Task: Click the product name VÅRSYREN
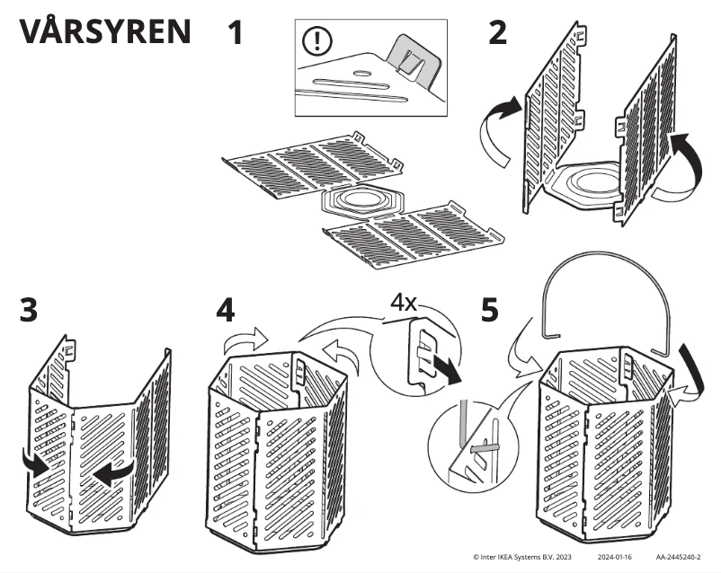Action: pos(104,31)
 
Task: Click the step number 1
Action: pos(236,33)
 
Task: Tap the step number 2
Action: pos(497,33)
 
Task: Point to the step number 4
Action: pos(227,311)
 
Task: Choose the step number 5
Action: pos(490,310)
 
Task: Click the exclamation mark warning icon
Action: pos(317,41)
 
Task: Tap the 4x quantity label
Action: pos(402,302)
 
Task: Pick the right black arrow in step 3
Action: pos(115,472)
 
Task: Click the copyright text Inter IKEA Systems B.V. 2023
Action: pos(522,558)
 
